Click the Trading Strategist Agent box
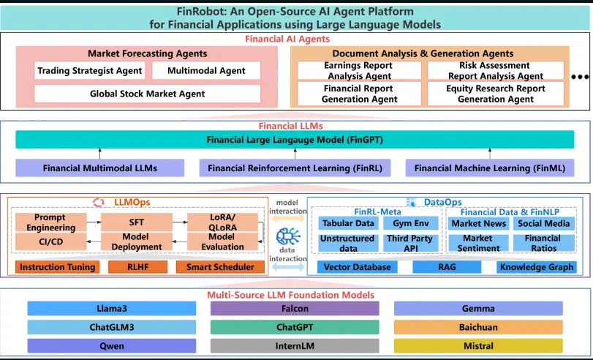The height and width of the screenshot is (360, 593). (x=90, y=71)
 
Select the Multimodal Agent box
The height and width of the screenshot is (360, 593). (x=205, y=71)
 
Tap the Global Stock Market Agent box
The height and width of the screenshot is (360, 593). (x=147, y=94)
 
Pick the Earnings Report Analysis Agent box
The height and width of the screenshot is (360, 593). (x=359, y=70)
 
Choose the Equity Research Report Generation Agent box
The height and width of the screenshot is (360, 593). (x=495, y=94)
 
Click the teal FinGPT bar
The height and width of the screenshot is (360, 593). (x=295, y=139)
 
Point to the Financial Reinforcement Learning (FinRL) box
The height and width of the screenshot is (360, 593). (x=295, y=168)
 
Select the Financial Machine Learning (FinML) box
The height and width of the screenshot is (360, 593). (x=489, y=168)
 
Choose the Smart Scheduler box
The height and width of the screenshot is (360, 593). (x=220, y=267)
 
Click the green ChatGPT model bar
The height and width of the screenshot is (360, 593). (x=295, y=327)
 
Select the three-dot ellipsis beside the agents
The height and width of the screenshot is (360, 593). (x=580, y=77)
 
